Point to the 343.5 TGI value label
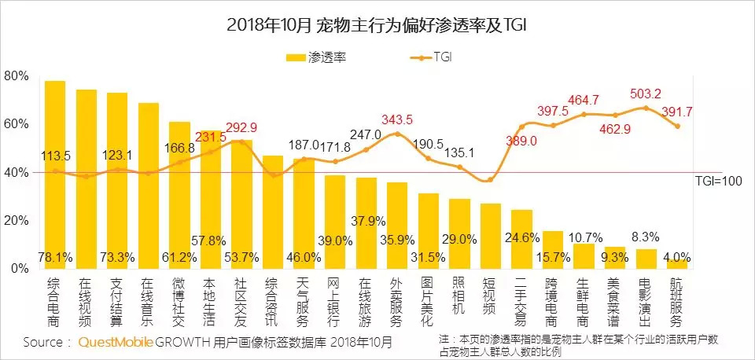coord(396,119)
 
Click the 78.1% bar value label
coord(55,257)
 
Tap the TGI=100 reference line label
coord(719,180)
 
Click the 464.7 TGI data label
coord(584,100)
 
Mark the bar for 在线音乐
coord(149,186)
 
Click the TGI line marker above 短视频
coord(490,180)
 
